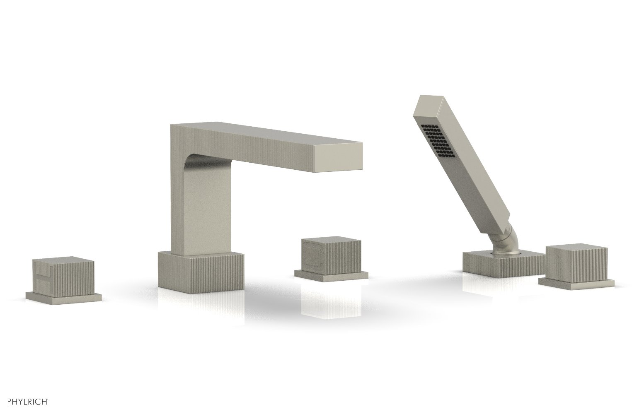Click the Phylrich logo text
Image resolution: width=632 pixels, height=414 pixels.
[28, 401]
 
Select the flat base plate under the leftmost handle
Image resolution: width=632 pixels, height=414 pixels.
[64, 296]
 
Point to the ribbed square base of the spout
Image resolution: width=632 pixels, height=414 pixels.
[201, 270]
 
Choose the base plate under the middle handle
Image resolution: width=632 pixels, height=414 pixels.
[331, 275]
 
